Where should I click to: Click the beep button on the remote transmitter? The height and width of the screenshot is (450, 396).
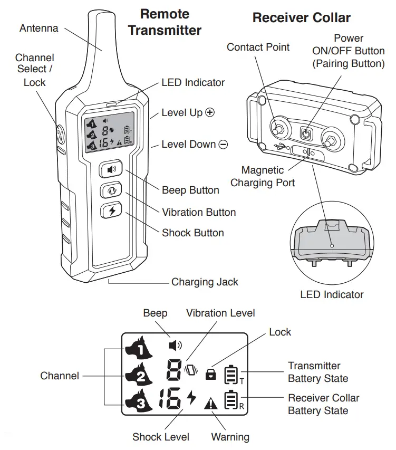point(111,170)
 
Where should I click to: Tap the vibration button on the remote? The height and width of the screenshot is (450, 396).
point(111,190)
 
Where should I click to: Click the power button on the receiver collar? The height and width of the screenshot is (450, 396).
point(305,133)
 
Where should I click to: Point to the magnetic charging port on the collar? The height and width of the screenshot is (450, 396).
point(305,152)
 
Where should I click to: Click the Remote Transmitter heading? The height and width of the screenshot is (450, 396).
point(165,22)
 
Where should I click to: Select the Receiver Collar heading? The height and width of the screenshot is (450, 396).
point(301,18)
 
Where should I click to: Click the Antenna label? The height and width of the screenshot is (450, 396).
point(38,28)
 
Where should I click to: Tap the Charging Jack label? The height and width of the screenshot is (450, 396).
point(205,282)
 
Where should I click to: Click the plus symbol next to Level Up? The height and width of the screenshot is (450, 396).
point(211,113)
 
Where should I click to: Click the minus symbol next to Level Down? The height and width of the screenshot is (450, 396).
point(223,145)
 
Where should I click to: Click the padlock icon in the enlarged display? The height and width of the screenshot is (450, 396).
point(211,374)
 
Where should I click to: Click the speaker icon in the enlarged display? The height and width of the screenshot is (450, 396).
point(175,346)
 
